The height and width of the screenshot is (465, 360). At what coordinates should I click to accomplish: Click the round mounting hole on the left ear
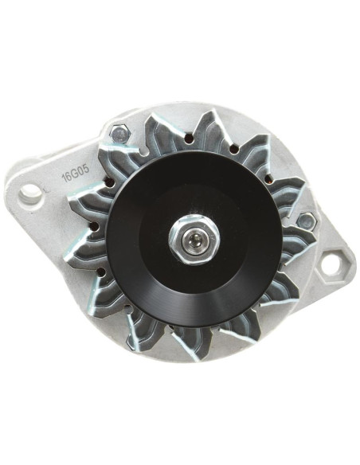tap(33, 192)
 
